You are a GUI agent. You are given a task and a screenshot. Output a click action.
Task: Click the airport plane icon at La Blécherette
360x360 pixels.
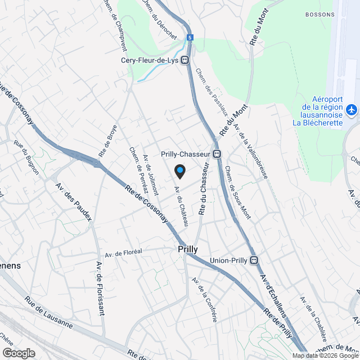click(352, 110)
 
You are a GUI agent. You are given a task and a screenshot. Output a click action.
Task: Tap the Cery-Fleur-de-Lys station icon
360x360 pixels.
click(185, 61)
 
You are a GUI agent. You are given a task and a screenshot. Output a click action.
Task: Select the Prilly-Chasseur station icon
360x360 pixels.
click(217, 154)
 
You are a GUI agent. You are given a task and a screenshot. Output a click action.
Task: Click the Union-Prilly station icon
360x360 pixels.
click(254, 260)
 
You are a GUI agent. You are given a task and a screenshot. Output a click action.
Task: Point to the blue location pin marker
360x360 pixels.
click(179, 170)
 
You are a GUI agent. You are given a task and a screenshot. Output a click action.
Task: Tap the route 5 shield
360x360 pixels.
click(190, 37)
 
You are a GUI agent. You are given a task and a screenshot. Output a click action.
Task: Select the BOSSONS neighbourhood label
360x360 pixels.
click(319, 13)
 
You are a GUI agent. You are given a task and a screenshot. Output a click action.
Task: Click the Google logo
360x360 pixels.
click(19, 353)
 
